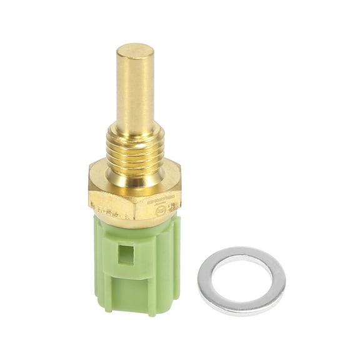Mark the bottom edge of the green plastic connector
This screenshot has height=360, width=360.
point(134,312)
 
